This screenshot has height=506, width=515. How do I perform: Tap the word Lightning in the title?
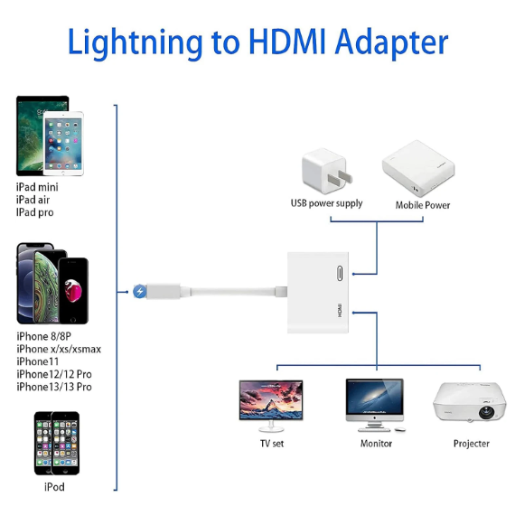coord(134,43)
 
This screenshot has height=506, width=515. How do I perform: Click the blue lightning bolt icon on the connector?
coord(139,292)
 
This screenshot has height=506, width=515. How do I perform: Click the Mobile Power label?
coord(423,205)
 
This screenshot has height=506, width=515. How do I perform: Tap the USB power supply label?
coord(326,203)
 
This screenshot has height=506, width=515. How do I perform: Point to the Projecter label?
coord(471,444)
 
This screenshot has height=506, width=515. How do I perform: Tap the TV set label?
coord(270,444)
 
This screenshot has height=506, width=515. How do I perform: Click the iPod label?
coord(54,487)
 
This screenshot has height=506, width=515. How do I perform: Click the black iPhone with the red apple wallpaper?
coord(70,292)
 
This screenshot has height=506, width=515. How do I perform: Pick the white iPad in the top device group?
coord(62,145)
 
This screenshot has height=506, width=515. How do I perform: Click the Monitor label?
coord(376,444)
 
